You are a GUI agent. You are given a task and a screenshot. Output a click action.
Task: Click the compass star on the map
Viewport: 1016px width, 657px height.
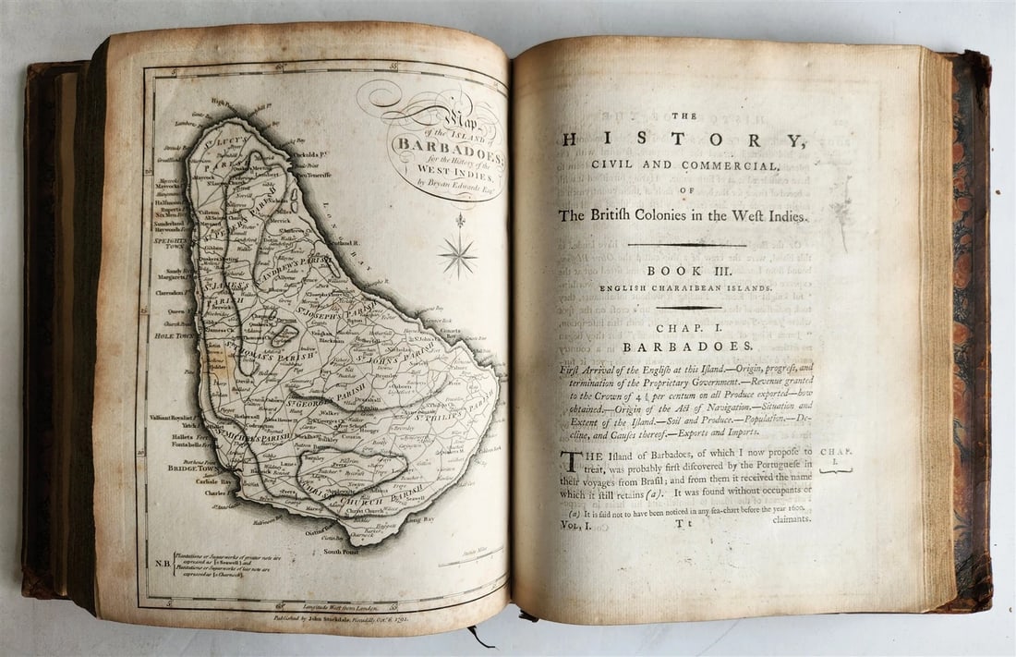[458, 254]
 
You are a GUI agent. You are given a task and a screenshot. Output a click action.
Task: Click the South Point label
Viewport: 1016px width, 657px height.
[341, 552]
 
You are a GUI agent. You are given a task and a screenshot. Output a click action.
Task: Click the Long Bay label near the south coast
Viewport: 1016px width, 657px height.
[421, 519]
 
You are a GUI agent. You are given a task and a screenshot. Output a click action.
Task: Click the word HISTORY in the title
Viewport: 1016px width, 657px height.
[683, 140]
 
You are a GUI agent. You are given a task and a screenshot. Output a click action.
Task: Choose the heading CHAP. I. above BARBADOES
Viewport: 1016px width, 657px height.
[686, 328]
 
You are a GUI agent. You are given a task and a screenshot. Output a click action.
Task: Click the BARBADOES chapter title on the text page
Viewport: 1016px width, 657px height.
[686, 347]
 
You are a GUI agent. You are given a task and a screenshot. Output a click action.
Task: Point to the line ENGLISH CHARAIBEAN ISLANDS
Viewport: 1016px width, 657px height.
[686, 288]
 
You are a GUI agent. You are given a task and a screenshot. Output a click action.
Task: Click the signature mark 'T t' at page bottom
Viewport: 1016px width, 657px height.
[683, 524]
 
